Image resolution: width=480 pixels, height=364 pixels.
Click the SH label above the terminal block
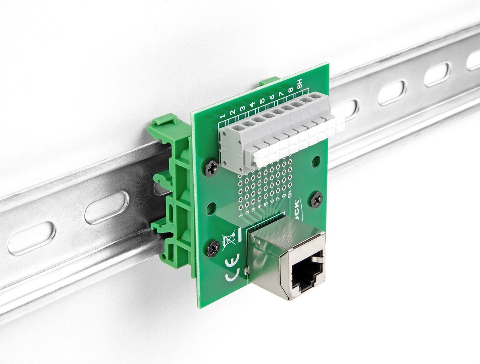[x=300, y=84]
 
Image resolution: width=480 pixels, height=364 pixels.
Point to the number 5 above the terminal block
[x=262, y=102]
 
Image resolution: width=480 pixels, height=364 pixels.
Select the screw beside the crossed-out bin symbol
[x=213, y=248]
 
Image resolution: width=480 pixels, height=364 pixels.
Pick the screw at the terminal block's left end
[x=212, y=168]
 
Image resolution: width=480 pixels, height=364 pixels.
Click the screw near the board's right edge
[x=317, y=199]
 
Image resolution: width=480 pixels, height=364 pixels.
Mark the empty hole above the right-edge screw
[x=316, y=161]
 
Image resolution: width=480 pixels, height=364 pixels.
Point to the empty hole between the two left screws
[x=211, y=208]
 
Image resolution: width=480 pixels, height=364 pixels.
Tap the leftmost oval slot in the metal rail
[x=31, y=238]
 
